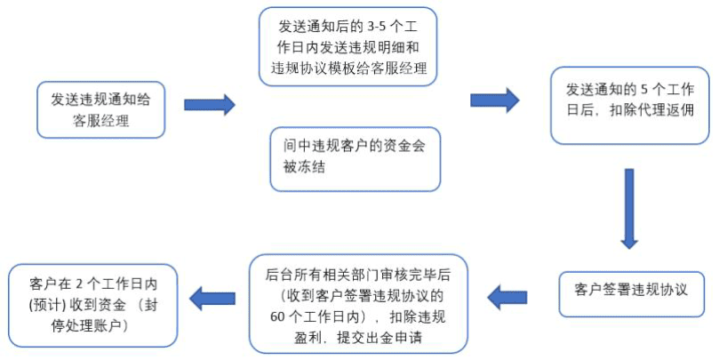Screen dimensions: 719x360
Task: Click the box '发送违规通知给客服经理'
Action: click(100, 110)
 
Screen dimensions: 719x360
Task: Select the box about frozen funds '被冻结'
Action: click(355, 159)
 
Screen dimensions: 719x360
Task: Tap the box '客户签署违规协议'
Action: click(631, 294)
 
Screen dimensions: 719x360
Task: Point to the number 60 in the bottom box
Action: click(278, 317)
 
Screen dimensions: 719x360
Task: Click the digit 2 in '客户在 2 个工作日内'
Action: click(79, 284)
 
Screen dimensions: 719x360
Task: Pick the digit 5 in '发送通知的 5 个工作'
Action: click(643, 90)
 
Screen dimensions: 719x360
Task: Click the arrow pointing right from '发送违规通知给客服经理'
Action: click(210, 105)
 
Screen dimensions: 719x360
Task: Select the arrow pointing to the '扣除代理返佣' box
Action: click(495, 100)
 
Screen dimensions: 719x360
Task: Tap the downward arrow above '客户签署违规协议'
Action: click(629, 209)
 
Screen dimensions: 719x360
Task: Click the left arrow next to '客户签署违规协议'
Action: click(507, 298)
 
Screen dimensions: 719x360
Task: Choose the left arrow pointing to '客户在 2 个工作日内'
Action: click(212, 299)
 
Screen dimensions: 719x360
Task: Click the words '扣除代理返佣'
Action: click(651, 110)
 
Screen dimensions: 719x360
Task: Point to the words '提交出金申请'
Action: click(379, 338)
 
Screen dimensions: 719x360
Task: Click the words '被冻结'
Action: click(304, 166)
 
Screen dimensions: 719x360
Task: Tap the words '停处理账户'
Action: click(90, 326)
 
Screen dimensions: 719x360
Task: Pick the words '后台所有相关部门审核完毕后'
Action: click(357, 275)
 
